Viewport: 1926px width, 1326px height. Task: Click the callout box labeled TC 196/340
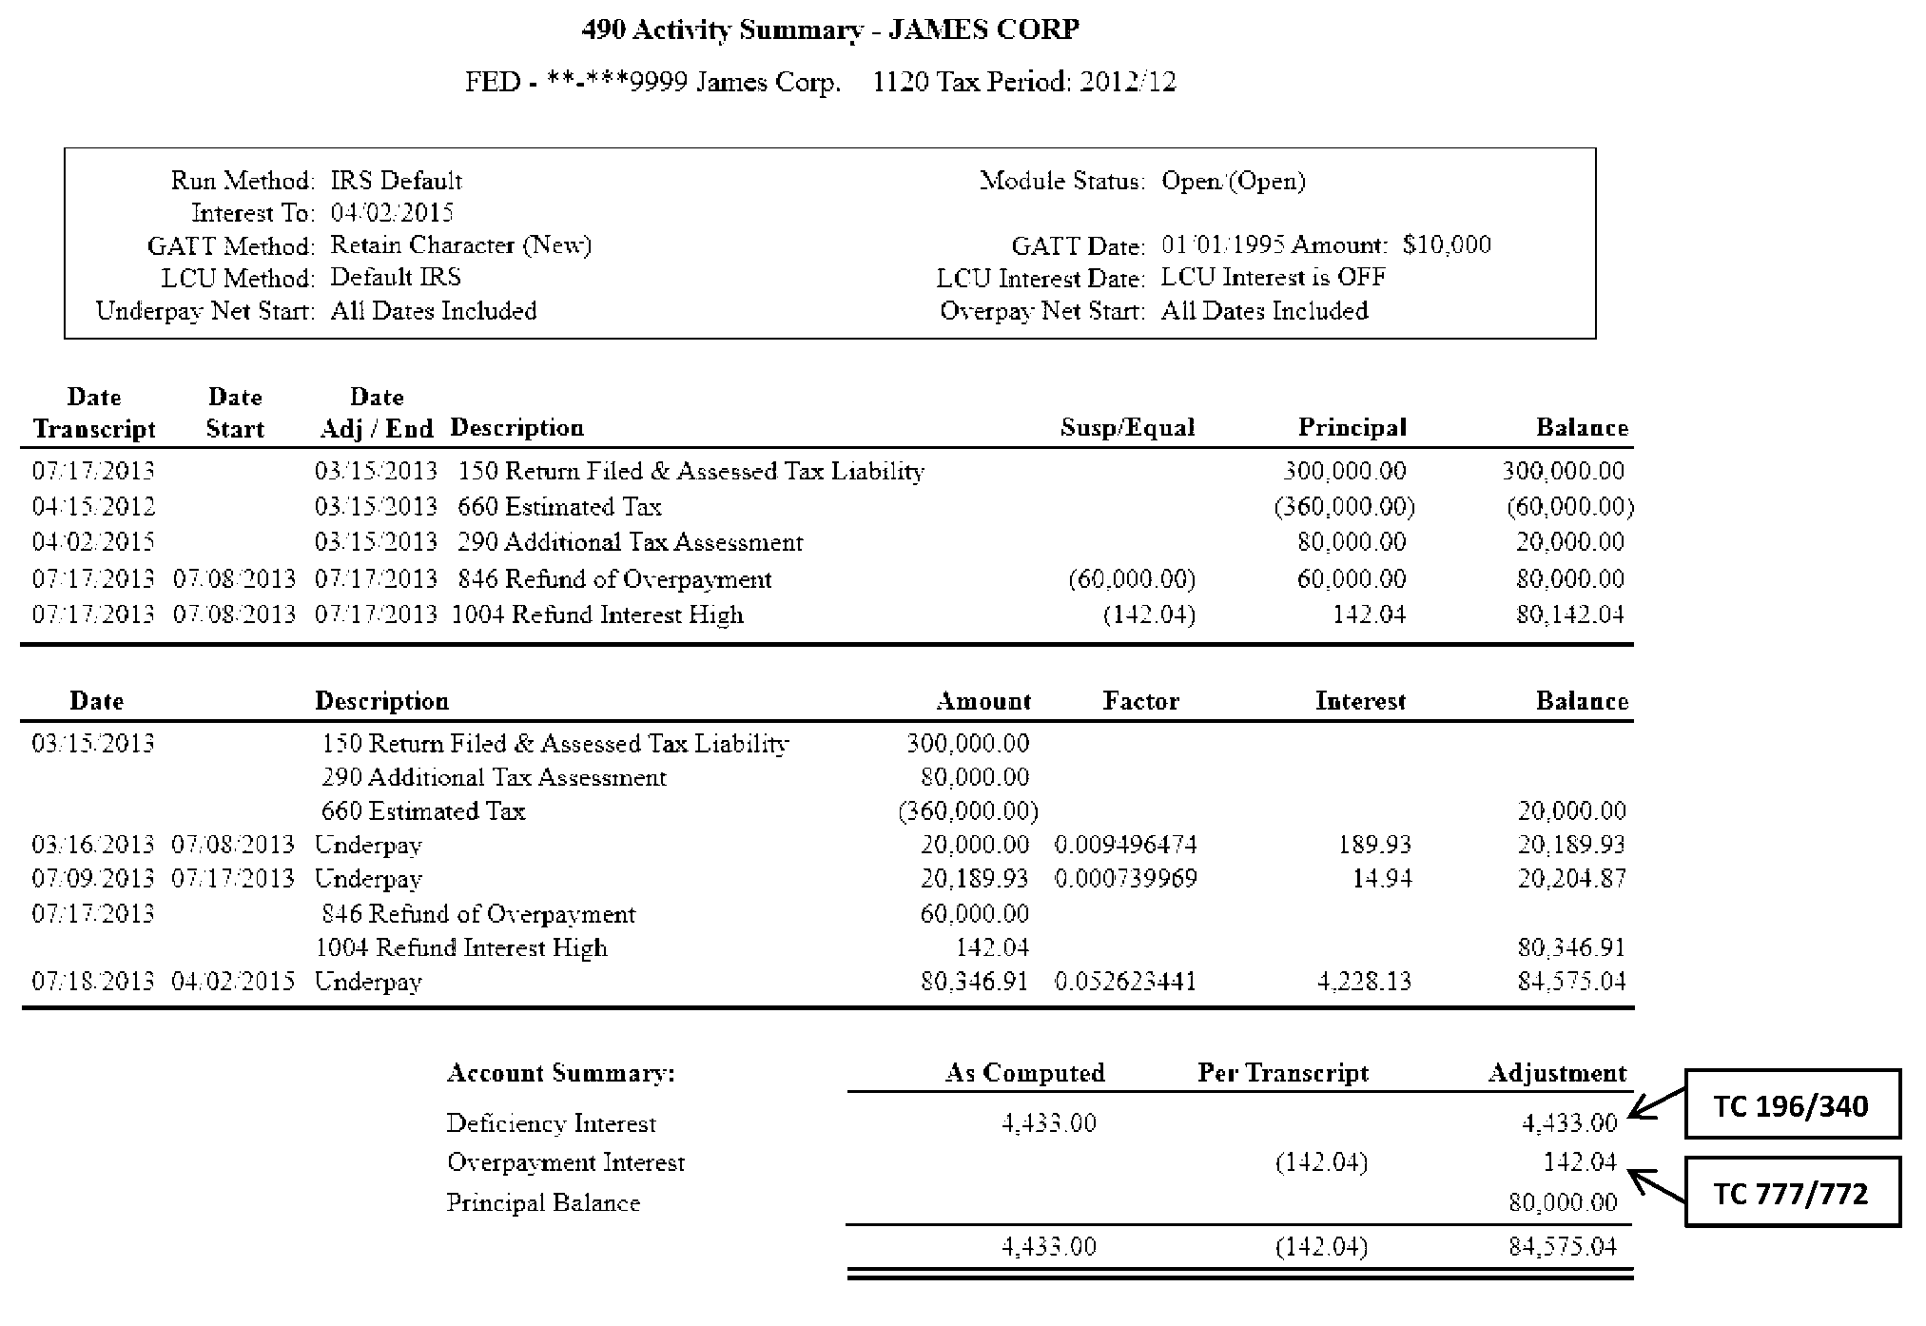(1792, 1104)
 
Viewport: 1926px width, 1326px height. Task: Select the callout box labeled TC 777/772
(1792, 1192)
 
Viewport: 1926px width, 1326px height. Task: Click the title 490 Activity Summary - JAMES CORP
(829, 30)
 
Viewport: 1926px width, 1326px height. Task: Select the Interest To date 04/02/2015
(392, 212)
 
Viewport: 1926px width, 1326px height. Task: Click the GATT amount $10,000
(1446, 245)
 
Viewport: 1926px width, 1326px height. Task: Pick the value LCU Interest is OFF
(1273, 278)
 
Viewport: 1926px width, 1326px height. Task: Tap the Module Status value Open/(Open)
(1233, 181)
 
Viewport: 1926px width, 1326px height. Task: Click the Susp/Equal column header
(1127, 428)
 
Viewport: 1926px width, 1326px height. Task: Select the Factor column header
(1140, 701)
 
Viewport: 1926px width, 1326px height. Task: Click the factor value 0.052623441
(1125, 981)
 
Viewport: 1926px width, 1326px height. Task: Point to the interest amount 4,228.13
(1364, 981)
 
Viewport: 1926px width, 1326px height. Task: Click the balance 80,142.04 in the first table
(1569, 614)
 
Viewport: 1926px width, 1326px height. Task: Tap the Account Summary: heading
(561, 1073)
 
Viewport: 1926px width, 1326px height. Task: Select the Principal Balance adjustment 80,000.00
(1562, 1202)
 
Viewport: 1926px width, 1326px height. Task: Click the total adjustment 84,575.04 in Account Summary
(1562, 1246)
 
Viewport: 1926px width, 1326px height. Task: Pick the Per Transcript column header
(1282, 1073)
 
